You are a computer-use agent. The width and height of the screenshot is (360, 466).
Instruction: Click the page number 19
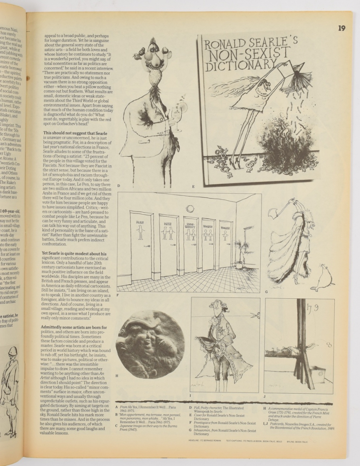pyautogui.click(x=342, y=28)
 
